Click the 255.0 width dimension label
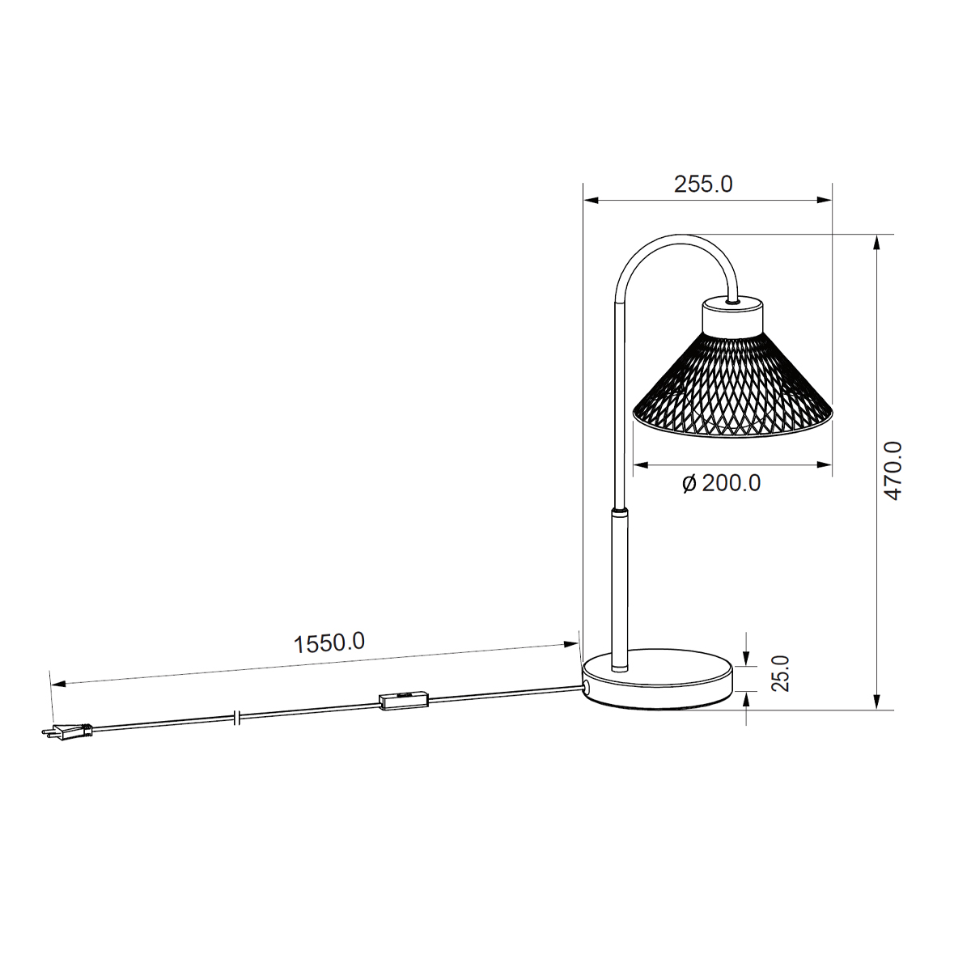pos(703,184)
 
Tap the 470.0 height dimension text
pos(893,471)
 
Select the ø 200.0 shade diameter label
pos(721,483)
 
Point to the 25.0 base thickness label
pos(780,673)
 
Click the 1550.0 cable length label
pos(329,643)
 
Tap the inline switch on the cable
pos(404,701)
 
